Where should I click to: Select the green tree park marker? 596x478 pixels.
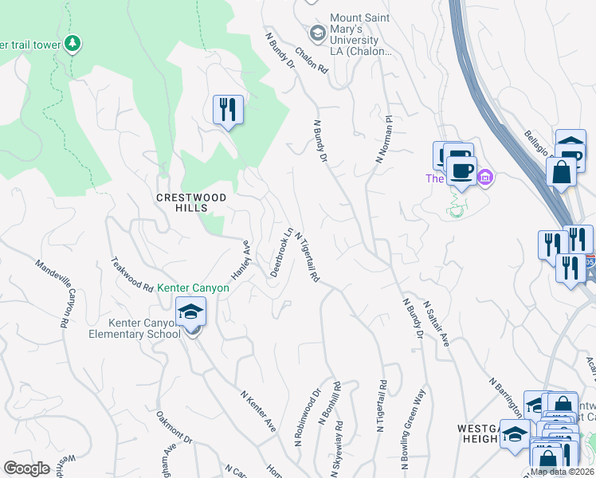(x=73, y=42)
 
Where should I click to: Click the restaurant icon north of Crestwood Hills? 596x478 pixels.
(x=228, y=108)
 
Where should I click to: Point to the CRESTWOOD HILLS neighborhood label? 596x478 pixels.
(x=192, y=202)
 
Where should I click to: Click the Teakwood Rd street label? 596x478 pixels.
(x=132, y=273)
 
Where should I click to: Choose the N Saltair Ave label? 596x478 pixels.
(x=437, y=324)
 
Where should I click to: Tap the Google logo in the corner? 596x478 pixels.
(x=26, y=468)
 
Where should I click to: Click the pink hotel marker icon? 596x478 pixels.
(x=485, y=177)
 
